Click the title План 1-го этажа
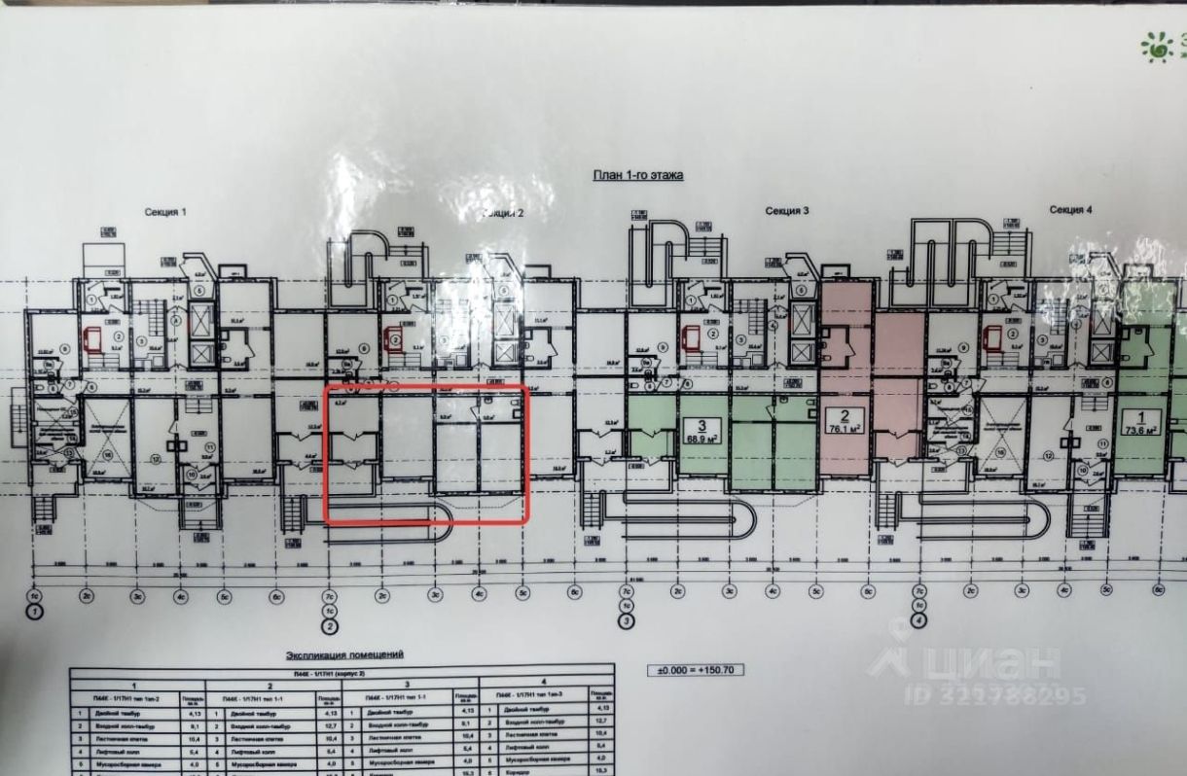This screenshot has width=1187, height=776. click(638, 175)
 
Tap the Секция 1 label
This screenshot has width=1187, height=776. click(165, 211)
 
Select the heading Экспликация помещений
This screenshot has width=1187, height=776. click(343, 655)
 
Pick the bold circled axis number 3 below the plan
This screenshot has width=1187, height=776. click(627, 620)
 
